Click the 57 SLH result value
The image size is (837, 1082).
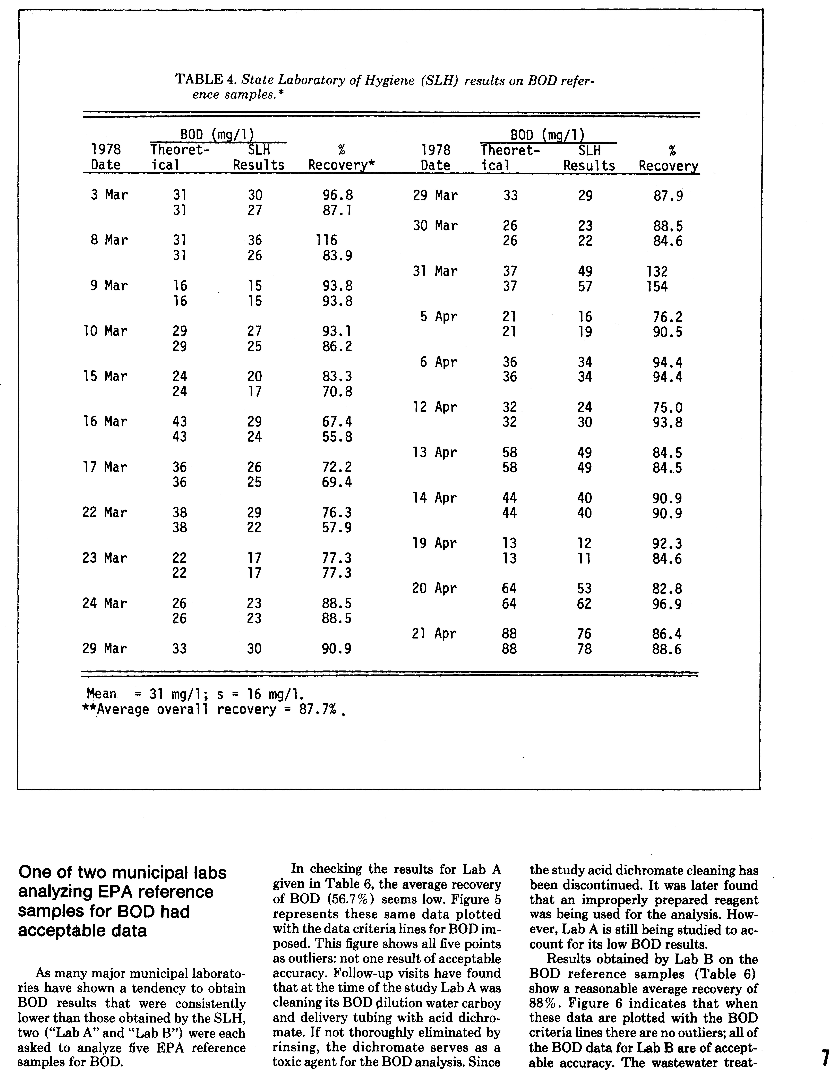(x=585, y=286)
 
